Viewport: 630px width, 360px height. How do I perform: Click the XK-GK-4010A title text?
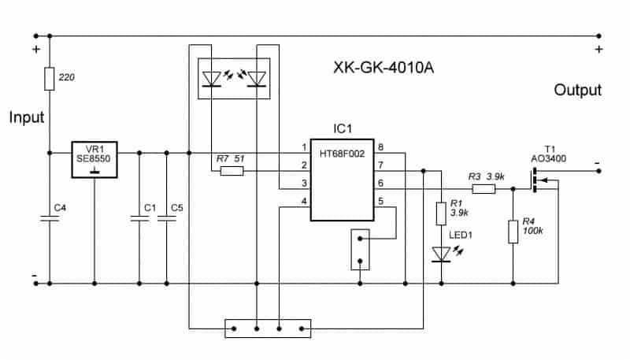pos(385,68)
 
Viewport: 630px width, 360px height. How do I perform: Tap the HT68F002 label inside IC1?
pos(342,154)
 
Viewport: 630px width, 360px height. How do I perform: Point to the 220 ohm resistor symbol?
pos(50,79)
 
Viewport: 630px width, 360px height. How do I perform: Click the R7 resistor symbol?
pos(232,170)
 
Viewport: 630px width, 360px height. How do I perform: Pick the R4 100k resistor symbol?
pos(513,232)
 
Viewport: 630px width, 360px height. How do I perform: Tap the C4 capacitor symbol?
pos(50,221)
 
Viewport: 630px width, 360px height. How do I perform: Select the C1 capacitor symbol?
pos(139,221)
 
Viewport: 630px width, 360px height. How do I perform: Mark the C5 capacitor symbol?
pos(167,221)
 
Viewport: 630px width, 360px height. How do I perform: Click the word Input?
pos(27,117)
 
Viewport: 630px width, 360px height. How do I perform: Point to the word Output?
pos(577,91)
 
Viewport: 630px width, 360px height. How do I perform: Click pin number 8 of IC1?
pos(380,147)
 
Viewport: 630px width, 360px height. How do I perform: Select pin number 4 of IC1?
pos(303,202)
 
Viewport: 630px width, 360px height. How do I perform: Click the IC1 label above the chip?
pos(343,128)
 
